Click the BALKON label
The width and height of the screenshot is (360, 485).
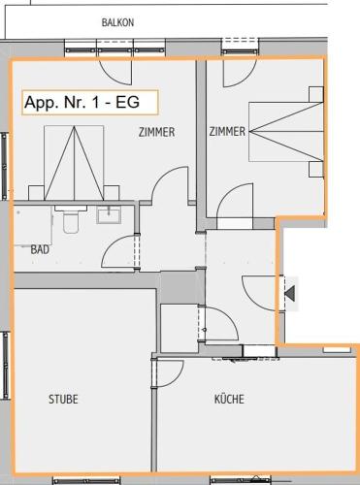pos(117,22)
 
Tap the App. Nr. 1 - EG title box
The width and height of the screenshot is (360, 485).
pos(90,103)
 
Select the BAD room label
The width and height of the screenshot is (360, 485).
pos(40,249)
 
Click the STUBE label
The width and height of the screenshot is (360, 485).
pos(63,399)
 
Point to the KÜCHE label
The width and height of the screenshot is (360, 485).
pos(229,399)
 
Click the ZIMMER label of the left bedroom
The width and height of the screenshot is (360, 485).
pos(156,132)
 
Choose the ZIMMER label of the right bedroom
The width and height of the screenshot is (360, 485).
pos(227,132)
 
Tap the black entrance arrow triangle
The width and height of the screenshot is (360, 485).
pos(290,293)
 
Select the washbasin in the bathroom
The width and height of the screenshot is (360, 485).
pos(109,214)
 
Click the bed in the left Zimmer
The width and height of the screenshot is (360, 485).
pos(74,163)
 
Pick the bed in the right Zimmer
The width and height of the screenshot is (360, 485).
pos(286,132)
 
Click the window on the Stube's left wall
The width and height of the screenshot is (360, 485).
pos(6,366)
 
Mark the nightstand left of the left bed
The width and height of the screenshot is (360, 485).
pos(37,193)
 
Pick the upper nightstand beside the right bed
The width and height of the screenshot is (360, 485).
pos(316,94)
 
